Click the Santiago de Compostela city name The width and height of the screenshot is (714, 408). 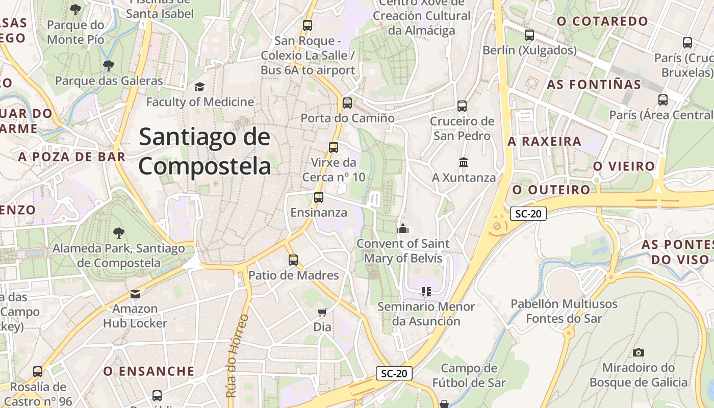(205, 152)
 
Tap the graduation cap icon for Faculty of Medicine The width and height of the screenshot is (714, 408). (199, 87)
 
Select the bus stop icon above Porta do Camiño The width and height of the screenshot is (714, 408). (347, 103)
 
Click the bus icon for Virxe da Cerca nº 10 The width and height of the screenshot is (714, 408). (334, 147)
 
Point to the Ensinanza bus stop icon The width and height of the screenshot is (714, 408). (319, 197)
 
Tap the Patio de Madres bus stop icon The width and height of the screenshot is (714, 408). (293, 260)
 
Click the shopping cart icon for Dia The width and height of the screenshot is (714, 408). (322, 312)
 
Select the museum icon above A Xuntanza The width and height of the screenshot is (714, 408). (464, 163)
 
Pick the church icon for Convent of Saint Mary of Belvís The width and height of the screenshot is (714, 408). (403, 228)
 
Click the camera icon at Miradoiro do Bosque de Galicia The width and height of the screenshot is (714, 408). (638, 352)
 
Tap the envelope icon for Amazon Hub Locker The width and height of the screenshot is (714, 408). (135, 294)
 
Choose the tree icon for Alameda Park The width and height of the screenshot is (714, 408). (119, 233)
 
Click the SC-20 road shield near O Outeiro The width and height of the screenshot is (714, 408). (528, 214)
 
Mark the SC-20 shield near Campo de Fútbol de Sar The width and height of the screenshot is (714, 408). (394, 373)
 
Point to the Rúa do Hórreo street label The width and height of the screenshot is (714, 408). (238, 355)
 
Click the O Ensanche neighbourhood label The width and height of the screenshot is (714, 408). (149, 371)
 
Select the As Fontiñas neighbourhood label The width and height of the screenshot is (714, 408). (594, 85)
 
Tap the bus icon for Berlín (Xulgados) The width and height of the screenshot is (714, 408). (529, 35)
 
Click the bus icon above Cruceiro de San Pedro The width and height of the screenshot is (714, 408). (462, 106)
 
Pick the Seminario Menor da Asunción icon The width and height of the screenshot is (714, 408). (426, 292)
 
